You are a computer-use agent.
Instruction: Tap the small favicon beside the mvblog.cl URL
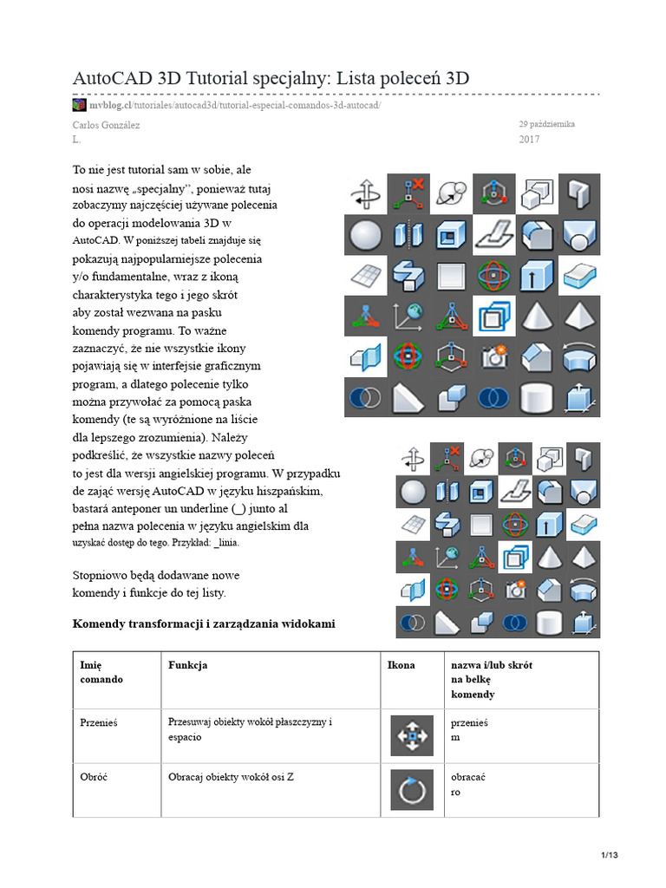[x=79, y=105]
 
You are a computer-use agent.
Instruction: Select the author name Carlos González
[x=105, y=125]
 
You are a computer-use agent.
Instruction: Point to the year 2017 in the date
[x=529, y=139]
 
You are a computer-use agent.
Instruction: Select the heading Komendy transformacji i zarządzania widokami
[x=203, y=624]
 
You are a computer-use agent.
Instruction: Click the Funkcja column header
[x=187, y=665]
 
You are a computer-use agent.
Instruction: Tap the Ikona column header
[x=401, y=665]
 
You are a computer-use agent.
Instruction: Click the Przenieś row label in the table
[x=98, y=722]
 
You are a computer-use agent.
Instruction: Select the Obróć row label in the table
[x=94, y=777]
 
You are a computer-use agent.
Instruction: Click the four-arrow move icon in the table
[x=412, y=735]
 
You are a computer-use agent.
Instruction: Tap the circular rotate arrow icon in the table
[x=412, y=790]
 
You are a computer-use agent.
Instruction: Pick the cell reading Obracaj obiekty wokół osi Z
[x=231, y=777]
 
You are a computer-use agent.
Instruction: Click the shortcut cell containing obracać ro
[x=468, y=784]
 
